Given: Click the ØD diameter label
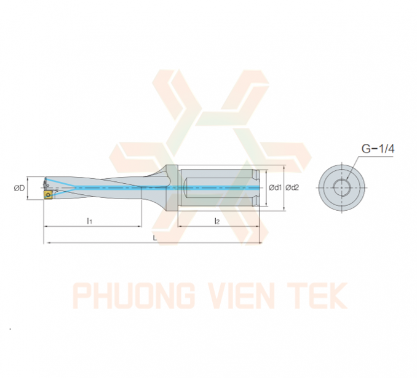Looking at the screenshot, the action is (19, 188).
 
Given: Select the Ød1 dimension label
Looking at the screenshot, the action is (276, 187).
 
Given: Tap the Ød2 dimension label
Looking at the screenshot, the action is (292, 187).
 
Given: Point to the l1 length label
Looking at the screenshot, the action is (90, 221).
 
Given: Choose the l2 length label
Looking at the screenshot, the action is (217, 221).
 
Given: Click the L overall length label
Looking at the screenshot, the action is (155, 238).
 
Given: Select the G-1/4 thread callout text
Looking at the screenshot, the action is (378, 149).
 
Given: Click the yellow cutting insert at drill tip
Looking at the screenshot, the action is (47, 195).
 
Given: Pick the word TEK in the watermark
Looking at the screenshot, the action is (317, 296).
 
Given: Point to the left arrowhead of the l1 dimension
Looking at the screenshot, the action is (46, 226).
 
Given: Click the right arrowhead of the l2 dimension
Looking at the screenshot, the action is (257, 226).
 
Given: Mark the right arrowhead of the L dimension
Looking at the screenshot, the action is (260, 243).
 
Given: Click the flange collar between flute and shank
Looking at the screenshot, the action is (172, 187).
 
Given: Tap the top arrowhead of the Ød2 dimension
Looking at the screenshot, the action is (285, 167).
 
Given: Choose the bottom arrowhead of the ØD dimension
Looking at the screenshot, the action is (28, 197).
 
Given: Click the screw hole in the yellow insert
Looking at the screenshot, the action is (48, 195).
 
